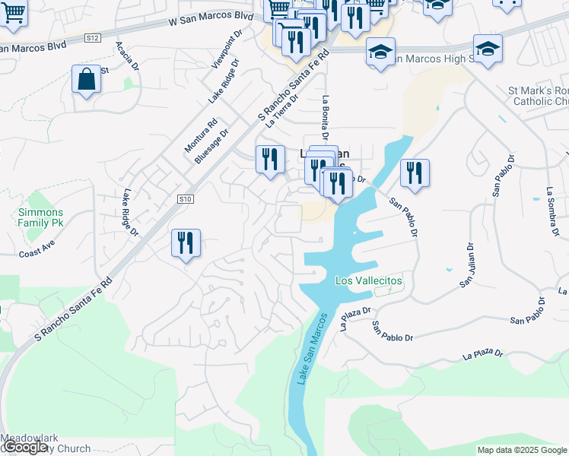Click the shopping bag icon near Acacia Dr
click(87, 79)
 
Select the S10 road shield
click(184, 199)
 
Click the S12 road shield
click(93, 37)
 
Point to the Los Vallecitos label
click(369, 281)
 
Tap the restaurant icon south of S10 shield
click(186, 243)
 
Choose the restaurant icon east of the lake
click(415, 173)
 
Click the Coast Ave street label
click(38, 249)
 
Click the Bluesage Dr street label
click(211, 146)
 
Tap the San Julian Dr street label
click(466, 265)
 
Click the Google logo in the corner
click(26, 448)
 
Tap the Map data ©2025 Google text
click(522, 450)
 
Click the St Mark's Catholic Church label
click(539, 96)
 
